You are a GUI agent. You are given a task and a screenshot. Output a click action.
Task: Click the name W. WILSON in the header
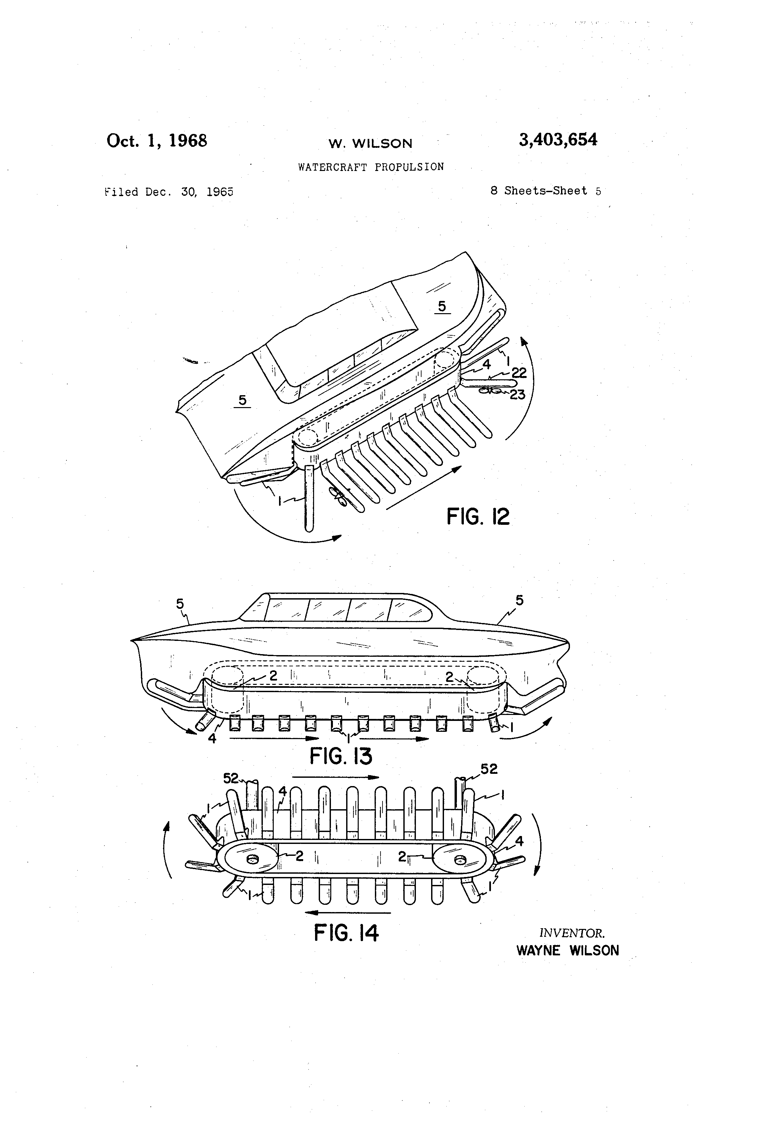(370, 144)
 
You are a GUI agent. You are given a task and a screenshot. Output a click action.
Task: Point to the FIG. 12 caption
(478, 517)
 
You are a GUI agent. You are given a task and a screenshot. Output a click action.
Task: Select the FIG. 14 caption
(346, 933)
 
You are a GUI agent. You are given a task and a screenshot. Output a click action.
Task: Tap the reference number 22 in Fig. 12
(519, 372)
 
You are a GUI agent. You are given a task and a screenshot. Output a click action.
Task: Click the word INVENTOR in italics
(572, 933)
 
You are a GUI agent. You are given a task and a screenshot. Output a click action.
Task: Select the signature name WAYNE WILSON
(568, 950)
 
